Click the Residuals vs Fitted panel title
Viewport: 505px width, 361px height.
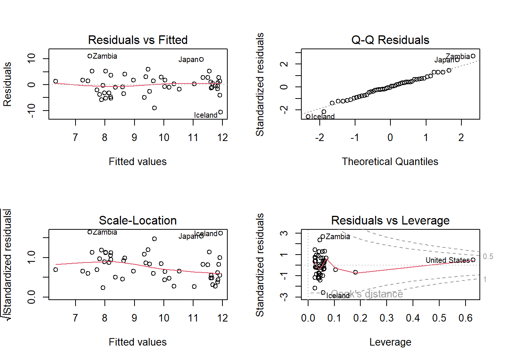tap(138, 40)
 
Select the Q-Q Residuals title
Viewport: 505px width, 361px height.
tap(390, 40)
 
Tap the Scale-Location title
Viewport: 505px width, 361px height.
tap(138, 220)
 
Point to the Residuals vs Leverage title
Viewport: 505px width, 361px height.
tap(390, 220)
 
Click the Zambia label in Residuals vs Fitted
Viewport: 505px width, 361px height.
tap(105, 56)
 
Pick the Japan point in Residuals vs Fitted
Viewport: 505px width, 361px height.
tap(201, 59)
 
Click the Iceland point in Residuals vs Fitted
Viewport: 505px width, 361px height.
tap(221, 112)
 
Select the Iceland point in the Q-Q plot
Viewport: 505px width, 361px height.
tap(308, 117)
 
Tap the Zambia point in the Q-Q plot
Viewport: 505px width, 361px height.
tap(473, 56)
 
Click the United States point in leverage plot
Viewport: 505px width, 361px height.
tap(473, 260)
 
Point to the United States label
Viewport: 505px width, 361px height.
tap(447, 260)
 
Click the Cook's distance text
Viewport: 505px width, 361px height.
tap(367, 294)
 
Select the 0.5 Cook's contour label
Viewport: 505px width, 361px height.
tap(488, 256)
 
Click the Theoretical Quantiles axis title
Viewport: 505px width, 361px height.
tap(390, 162)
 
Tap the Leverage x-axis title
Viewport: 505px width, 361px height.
tap(390, 342)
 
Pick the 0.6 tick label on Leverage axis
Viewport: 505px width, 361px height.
tap(465, 318)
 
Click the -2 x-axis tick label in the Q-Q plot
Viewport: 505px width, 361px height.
tap(319, 138)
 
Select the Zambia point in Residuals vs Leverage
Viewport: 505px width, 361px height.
tap(323, 237)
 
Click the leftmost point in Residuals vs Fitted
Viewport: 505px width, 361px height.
tap(56, 81)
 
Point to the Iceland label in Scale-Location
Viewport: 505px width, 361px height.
tap(206, 234)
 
